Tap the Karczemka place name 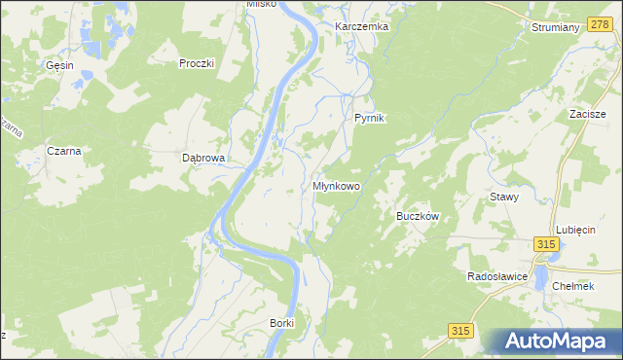pos(361,26)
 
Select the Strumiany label pos(556,27)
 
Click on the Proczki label pos(196,63)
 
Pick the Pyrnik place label pos(370,118)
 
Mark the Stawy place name pos(503,197)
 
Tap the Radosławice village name pos(496,276)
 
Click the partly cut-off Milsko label pos(262,4)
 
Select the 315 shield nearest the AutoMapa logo pos(461,332)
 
